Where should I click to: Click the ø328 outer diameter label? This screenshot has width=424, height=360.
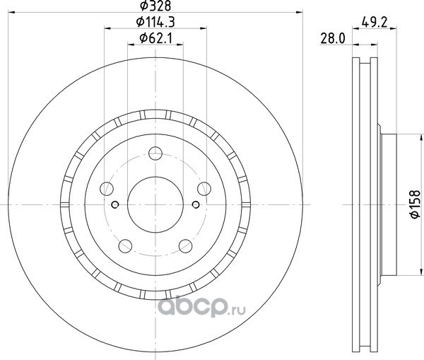pyautogui.click(x=155, y=6)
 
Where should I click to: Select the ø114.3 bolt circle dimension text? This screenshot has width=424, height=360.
pyautogui.click(x=155, y=22)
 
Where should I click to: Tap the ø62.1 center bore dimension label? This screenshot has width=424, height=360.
pyautogui.click(x=155, y=38)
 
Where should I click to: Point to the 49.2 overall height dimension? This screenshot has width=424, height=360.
pyautogui.click(x=375, y=23)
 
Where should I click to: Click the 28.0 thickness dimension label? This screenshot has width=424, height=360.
pyautogui.click(x=333, y=38)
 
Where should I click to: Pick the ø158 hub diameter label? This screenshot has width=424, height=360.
pyautogui.click(x=415, y=204)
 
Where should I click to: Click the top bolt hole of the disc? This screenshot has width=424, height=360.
pyautogui.click(x=155, y=153)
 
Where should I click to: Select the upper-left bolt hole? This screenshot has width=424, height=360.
pyautogui.click(x=107, y=189)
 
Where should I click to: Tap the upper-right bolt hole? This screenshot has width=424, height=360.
pyautogui.click(x=204, y=189)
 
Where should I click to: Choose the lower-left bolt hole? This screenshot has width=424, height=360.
pyautogui.click(x=125, y=246)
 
